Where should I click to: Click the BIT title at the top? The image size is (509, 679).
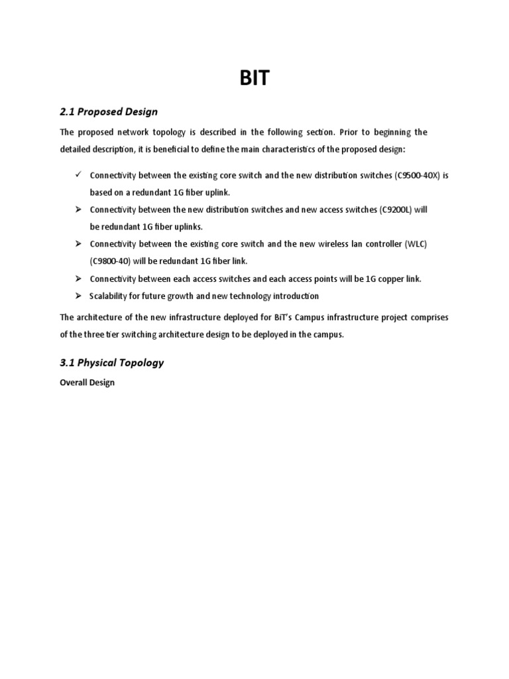point(254,79)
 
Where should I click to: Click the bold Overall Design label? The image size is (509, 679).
point(87,383)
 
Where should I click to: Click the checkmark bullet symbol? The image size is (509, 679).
point(78,174)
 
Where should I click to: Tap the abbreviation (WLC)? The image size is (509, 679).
point(416,244)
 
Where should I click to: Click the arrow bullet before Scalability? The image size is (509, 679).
point(78,296)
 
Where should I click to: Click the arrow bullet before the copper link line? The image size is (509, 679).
point(78,278)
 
